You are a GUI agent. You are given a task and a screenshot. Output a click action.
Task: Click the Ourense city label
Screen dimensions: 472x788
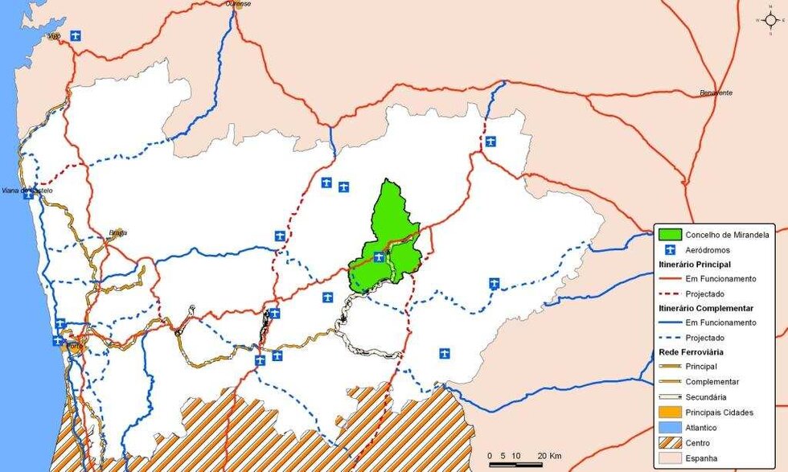coord(238,4)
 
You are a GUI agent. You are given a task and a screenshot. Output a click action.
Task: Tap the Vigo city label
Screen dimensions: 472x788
coord(55,36)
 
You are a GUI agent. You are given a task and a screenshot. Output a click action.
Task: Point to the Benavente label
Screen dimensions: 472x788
coord(716,93)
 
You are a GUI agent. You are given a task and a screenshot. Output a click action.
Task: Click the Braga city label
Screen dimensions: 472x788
coord(118,233)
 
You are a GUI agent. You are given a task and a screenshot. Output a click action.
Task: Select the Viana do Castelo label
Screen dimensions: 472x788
coord(27,191)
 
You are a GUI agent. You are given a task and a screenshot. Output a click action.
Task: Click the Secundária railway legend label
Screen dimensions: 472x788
coord(707,397)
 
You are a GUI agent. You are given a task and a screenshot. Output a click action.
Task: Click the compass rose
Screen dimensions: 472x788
coord(770,20)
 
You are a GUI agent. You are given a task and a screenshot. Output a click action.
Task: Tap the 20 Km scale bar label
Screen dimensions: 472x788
coord(550,456)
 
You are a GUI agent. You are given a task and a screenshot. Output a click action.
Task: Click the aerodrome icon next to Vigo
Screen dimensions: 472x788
coord(76,35)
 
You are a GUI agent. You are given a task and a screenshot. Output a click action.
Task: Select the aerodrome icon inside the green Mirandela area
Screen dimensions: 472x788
coord(378,257)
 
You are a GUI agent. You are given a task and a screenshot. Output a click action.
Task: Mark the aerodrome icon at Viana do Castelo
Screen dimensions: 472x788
coord(28,195)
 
